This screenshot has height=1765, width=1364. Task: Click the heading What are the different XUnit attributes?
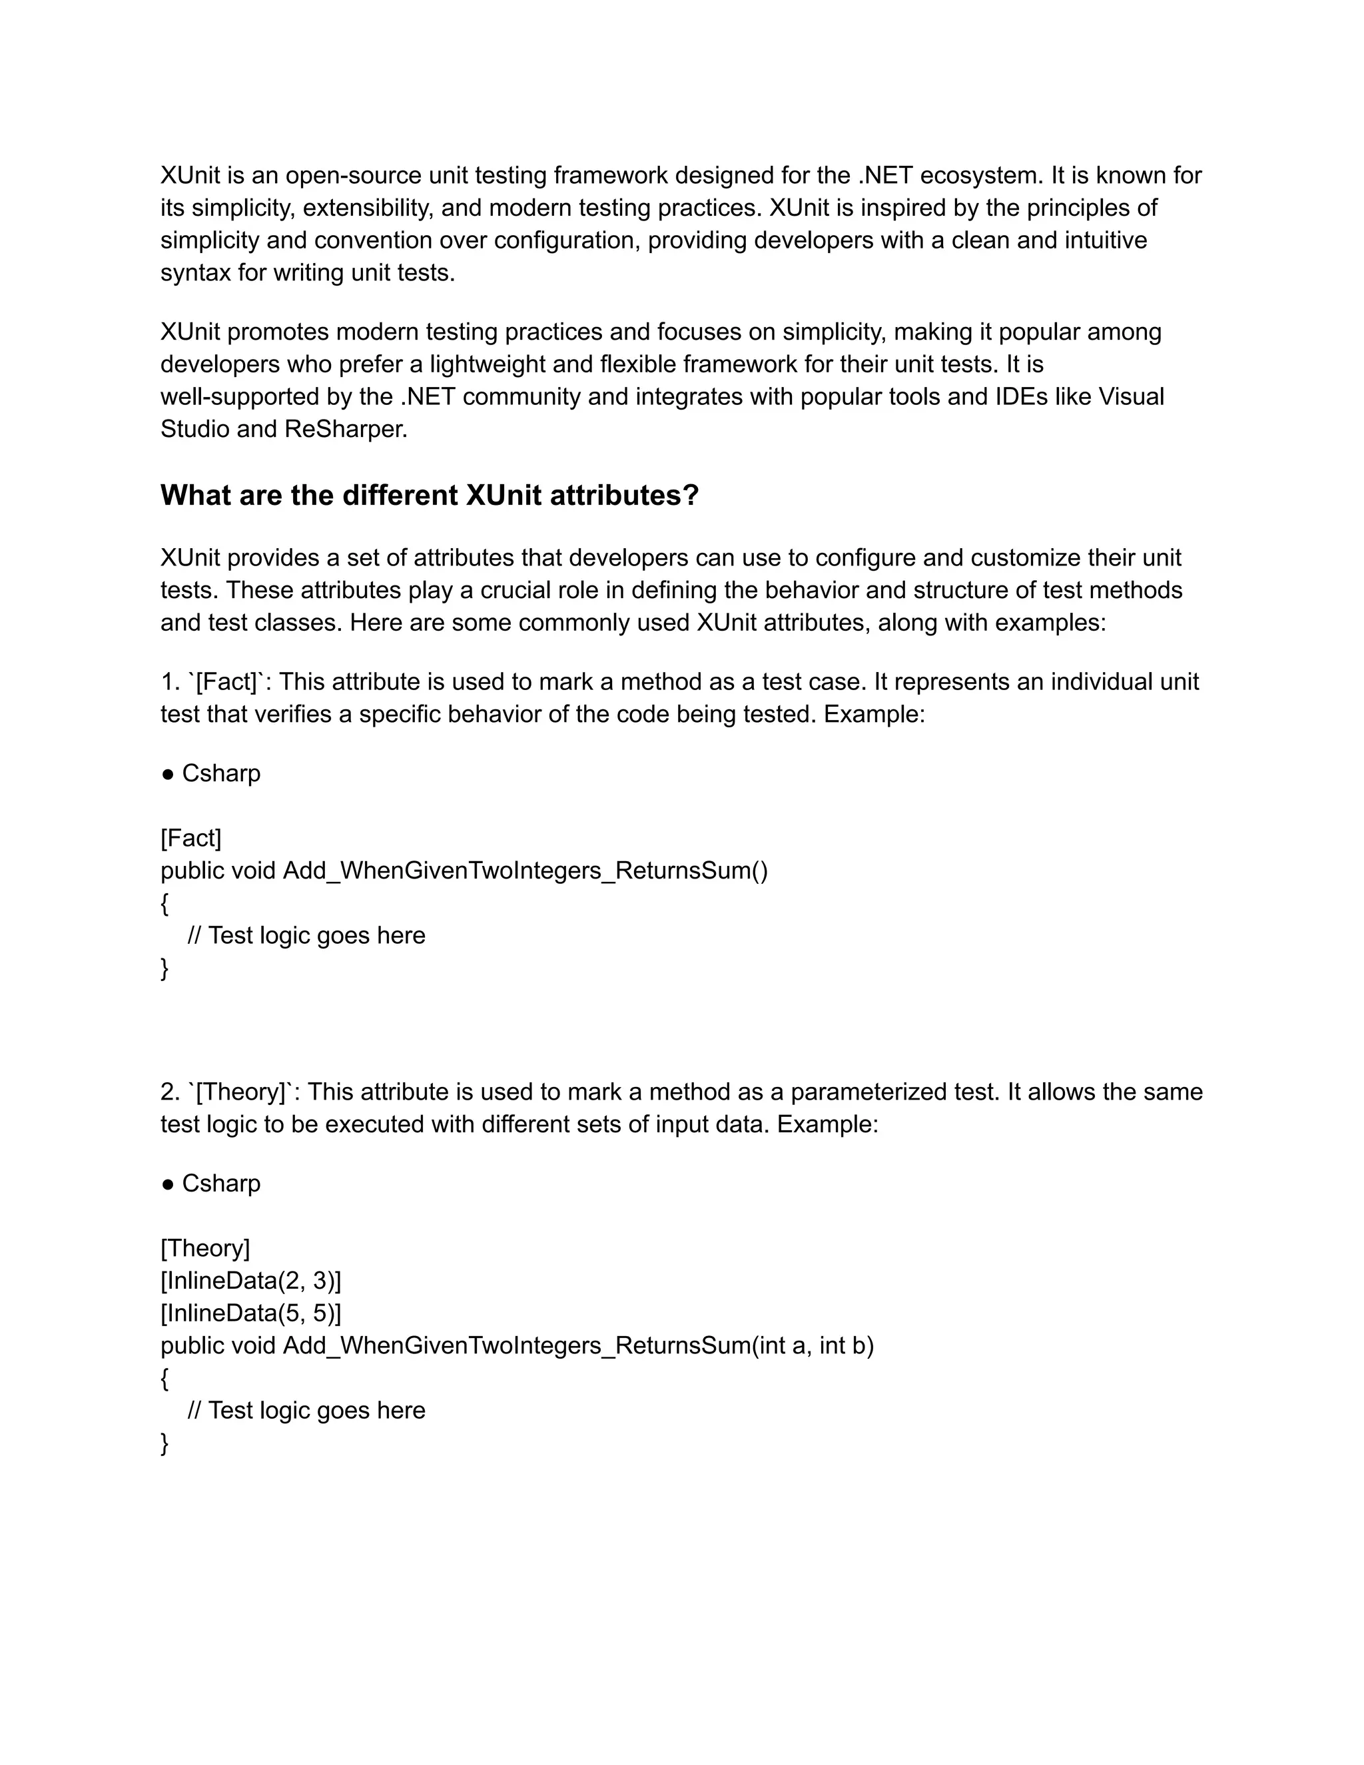429,496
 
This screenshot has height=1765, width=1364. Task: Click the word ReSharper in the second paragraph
345,429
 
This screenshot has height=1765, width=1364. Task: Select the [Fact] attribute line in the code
190,838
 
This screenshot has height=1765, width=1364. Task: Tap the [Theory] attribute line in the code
205,1247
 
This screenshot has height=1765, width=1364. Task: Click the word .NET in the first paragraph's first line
885,175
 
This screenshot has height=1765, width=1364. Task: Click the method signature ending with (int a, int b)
517,1345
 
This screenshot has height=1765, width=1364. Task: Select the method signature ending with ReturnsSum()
464,871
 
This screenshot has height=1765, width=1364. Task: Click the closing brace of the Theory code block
165,1443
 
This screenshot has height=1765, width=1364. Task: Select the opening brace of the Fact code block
165,904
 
